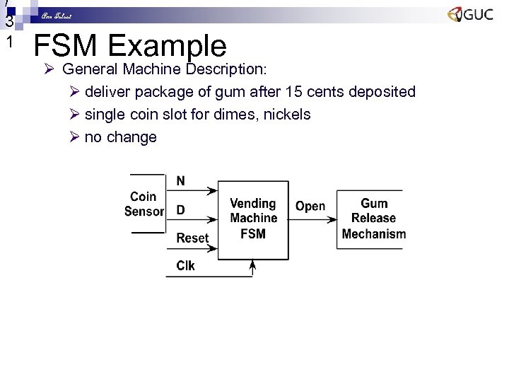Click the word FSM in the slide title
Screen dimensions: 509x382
pos(69,47)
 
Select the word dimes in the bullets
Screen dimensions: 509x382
pos(225,114)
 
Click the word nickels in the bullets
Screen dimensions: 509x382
pos(287,114)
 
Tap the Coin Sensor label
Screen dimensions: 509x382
pos(144,204)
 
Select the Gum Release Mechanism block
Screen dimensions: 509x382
pos(374,219)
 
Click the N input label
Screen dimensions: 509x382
pos(181,181)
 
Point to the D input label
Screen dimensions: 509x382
pos(181,210)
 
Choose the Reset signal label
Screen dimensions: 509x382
pos(192,238)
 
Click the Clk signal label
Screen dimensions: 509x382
pos(185,266)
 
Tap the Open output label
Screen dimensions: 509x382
pos(310,206)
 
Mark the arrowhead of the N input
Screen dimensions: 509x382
pos(213,191)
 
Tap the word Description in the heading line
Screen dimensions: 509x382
pos(226,69)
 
